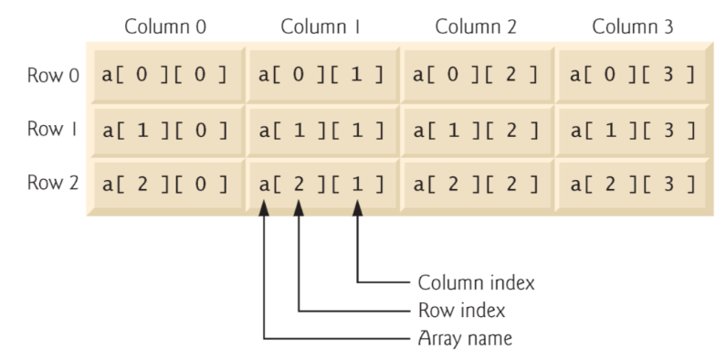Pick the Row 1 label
click(x=51, y=130)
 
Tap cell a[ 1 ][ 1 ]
click(x=321, y=130)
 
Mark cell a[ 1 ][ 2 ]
click(x=477, y=130)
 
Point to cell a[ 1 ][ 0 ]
click(x=164, y=130)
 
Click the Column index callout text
click(x=475, y=282)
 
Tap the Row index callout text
click(x=460, y=311)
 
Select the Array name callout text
click(x=465, y=339)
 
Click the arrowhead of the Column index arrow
click(x=358, y=209)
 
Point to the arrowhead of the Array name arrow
click(x=265, y=209)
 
